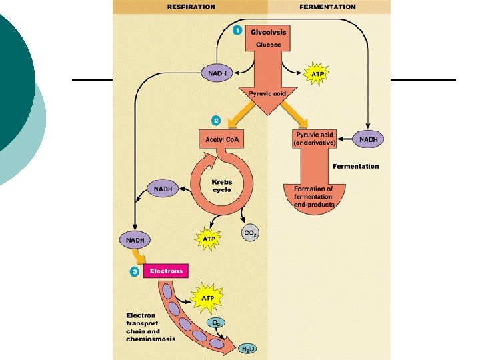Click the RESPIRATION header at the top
(191, 7)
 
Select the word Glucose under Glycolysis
(267, 45)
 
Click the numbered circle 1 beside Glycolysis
(237, 31)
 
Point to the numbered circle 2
(216, 121)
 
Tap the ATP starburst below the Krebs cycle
(208, 237)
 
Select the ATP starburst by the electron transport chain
(207, 294)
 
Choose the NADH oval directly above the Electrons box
(135, 239)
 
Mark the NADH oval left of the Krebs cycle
(163, 189)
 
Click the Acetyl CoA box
(217, 139)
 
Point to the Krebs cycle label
(222, 185)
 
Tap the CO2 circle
(251, 233)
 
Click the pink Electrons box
(166, 271)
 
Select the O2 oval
(216, 323)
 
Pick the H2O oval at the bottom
(247, 348)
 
